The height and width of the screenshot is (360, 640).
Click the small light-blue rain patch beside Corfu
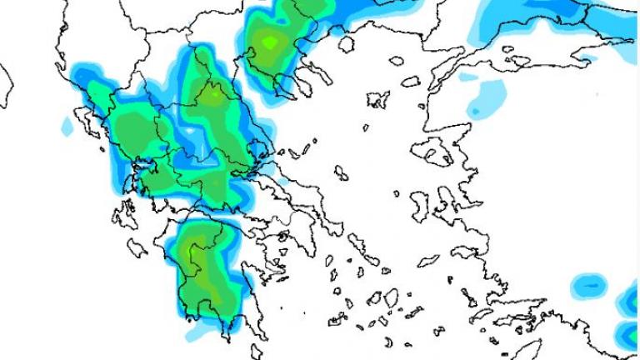tap(67, 126)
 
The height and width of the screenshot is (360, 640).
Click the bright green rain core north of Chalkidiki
tap(268, 41)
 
